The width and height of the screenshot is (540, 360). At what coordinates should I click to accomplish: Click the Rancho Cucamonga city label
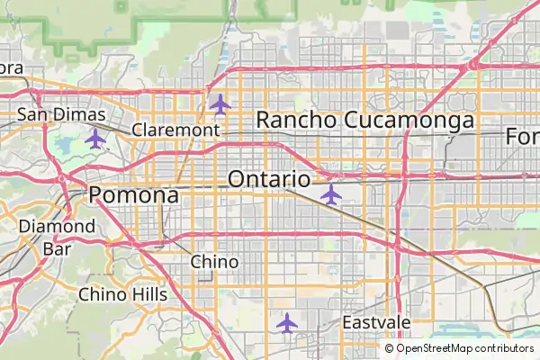tap(365, 120)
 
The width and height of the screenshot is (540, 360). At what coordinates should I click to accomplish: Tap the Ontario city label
tap(269, 179)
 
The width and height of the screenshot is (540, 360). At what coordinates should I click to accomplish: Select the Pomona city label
tap(133, 194)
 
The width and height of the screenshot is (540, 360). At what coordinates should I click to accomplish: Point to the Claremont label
tap(175, 130)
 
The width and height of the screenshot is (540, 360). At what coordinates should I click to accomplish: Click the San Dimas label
tap(62, 115)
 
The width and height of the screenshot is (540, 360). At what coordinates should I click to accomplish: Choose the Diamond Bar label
tap(57, 236)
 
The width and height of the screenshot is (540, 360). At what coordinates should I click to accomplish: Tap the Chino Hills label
tap(122, 294)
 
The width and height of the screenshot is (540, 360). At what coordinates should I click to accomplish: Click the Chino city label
tap(215, 262)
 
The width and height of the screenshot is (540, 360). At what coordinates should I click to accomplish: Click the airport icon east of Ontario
tap(331, 193)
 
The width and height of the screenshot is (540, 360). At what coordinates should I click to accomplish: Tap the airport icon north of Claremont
tap(220, 103)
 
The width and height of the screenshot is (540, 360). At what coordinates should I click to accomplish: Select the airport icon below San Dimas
tap(94, 139)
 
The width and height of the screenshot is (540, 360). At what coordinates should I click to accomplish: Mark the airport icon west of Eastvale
tap(287, 322)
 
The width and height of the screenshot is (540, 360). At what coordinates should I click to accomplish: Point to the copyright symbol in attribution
tap(390, 348)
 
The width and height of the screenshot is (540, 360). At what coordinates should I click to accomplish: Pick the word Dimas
tap(83, 115)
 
